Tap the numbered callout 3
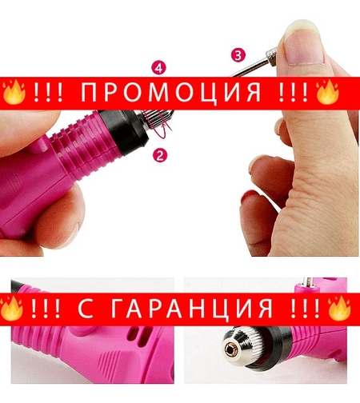(x=238, y=55)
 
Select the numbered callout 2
(x=158, y=156)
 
